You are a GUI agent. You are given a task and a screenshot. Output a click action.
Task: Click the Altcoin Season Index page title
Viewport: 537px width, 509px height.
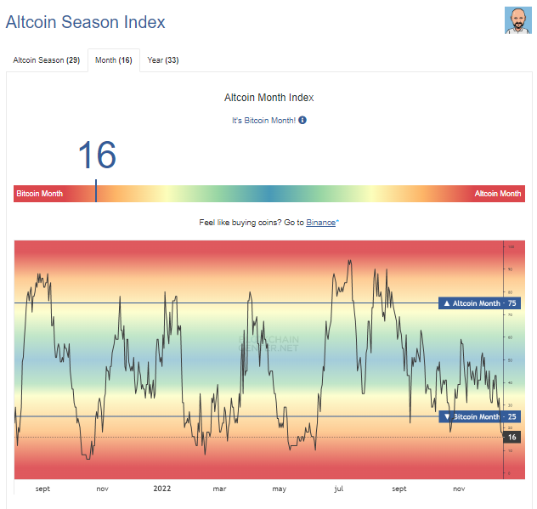point(86,23)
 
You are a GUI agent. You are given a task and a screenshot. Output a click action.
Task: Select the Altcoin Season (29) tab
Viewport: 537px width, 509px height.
point(46,60)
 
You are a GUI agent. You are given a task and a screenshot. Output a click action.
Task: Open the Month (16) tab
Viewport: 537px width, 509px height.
point(113,60)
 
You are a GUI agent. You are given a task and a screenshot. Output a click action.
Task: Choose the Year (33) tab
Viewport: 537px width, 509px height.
point(162,60)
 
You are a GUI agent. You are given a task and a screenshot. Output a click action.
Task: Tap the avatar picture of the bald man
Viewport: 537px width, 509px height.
point(517,20)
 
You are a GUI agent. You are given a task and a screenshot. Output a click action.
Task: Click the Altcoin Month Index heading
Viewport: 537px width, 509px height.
point(268,98)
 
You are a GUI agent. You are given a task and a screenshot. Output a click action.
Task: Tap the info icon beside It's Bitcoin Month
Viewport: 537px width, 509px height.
point(302,120)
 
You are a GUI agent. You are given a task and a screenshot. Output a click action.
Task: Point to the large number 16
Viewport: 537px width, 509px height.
point(97,156)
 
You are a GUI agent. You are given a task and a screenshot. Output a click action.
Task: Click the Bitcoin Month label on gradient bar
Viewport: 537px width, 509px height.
point(40,194)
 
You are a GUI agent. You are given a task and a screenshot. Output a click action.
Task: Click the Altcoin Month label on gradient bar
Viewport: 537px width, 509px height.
point(498,194)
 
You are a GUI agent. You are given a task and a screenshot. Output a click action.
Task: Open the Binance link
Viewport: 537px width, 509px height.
point(321,222)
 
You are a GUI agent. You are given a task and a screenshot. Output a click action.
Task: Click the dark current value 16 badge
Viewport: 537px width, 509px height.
point(512,437)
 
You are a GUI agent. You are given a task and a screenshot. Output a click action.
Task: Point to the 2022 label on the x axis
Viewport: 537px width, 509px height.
point(162,489)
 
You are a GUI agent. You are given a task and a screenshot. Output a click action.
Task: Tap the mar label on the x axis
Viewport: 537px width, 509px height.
point(219,489)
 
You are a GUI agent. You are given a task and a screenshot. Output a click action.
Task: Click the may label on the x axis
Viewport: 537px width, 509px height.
point(280,489)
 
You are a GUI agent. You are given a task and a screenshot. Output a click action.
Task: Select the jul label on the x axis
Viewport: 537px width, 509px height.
point(339,489)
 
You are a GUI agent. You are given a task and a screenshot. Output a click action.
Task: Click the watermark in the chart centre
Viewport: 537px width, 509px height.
point(269,342)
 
